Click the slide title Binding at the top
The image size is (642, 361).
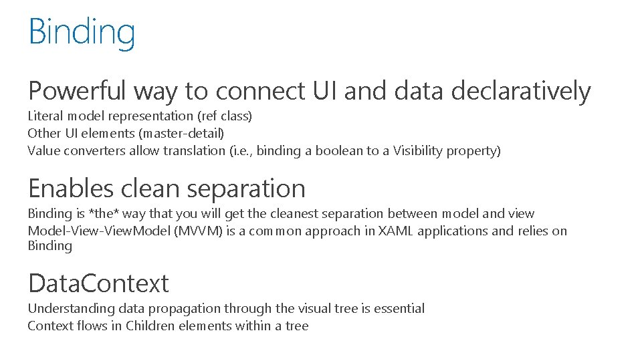click(x=82, y=32)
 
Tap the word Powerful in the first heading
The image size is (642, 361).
click(x=77, y=91)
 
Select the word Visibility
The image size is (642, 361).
click(x=417, y=150)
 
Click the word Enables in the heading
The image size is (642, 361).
click(x=71, y=189)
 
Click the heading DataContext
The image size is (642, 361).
click(x=98, y=283)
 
